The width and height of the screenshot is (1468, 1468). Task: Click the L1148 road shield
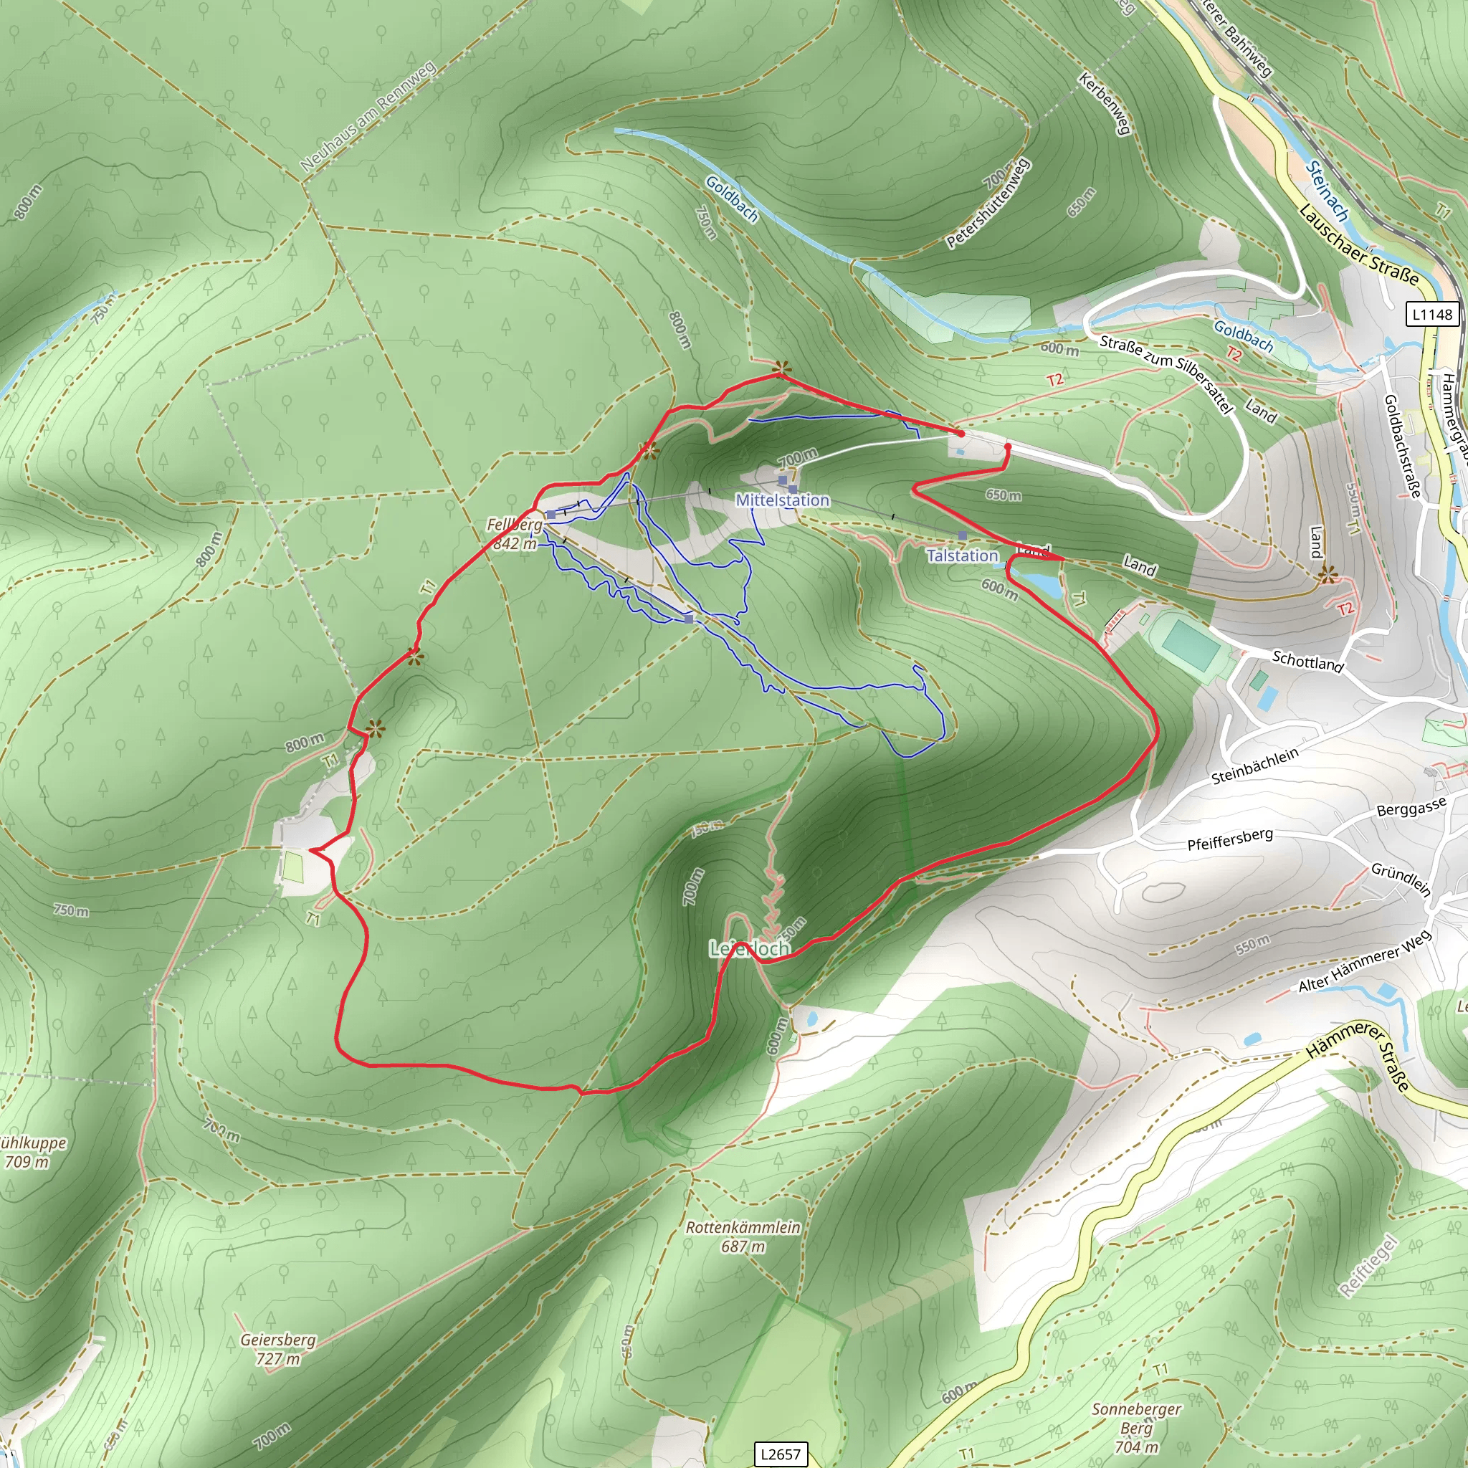point(1432,314)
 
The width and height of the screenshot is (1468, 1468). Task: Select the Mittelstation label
point(783,500)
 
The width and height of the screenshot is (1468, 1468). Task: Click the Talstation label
point(962,556)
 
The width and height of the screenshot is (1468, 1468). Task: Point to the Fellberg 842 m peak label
point(515,534)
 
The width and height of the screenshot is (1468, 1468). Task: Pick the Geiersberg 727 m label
point(278,1349)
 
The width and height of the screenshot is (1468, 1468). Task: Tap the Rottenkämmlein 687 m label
point(743,1236)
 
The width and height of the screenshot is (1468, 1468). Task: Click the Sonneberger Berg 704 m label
point(1137,1428)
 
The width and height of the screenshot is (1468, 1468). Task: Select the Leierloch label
point(749,948)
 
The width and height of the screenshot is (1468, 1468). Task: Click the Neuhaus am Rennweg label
point(368,116)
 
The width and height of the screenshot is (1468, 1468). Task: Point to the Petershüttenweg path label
point(988,204)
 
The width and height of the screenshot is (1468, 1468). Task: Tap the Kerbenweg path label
point(1105,104)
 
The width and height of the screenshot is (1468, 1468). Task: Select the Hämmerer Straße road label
point(1358,1055)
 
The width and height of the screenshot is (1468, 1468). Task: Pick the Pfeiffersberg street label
point(1229,839)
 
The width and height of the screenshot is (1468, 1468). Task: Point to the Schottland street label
point(1307,661)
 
